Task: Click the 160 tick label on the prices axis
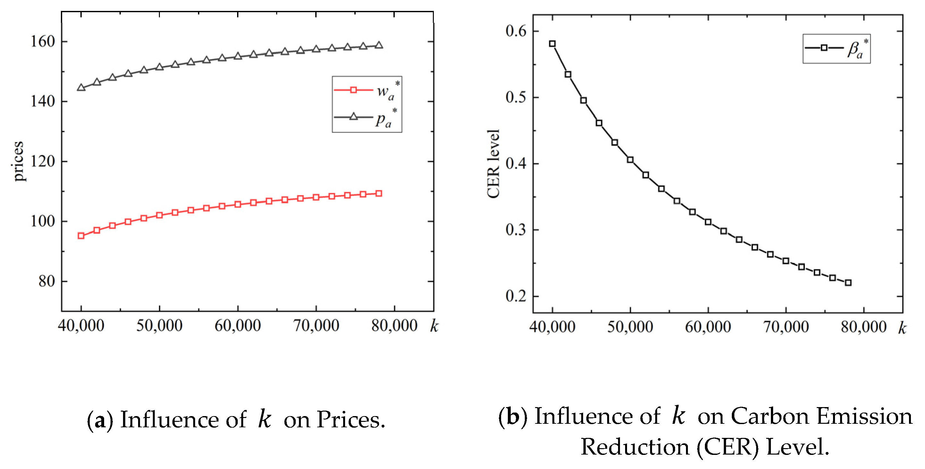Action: tap(42, 42)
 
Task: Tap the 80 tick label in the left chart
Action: tap(47, 281)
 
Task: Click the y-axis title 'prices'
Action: tap(18, 161)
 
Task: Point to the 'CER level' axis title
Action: tap(493, 164)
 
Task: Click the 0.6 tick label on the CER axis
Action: tap(516, 31)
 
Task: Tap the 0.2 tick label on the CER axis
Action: tap(516, 296)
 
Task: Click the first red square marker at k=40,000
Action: tap(81, 236)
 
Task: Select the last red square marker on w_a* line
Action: tap(378, 194)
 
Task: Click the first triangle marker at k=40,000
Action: tap(81, 88)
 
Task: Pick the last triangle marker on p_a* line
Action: tap(378, 45)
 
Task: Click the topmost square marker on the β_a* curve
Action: tap(552, 44)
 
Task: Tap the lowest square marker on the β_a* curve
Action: tap(848, 283)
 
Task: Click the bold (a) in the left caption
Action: tap(100, 420)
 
